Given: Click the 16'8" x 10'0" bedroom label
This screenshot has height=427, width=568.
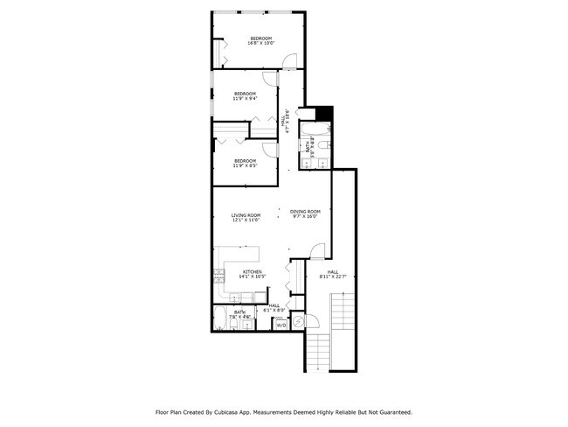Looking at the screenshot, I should click(261, 40).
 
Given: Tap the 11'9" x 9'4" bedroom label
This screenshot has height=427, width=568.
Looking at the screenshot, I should click(245, 95).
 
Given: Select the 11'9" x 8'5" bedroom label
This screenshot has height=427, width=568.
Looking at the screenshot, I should click(245, 163).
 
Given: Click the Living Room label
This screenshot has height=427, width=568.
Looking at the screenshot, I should click(246, 218).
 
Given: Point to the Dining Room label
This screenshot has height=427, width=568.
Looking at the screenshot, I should click(306, 213).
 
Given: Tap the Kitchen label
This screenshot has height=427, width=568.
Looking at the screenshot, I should click(252, 274).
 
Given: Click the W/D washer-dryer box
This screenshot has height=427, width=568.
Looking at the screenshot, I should click(281, 324).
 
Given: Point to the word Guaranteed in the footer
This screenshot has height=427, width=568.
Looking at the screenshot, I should click(392, 411).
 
